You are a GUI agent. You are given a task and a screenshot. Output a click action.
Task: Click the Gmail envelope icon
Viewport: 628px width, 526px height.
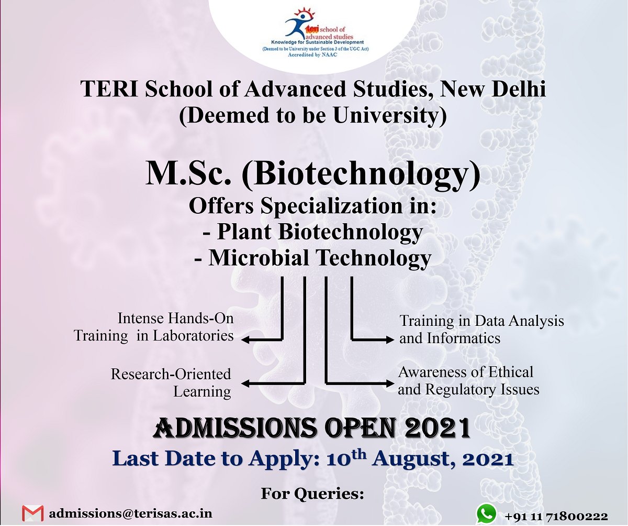[32, 513]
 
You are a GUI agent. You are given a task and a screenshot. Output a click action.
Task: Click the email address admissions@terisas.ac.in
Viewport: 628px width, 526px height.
[131, 513]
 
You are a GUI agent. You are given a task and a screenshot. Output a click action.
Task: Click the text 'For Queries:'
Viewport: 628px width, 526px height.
[312, 493]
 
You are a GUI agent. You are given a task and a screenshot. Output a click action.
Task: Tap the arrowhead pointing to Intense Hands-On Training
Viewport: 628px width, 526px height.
[245, 340]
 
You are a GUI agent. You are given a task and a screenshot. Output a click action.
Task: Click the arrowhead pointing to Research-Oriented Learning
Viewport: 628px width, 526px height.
[245, 385]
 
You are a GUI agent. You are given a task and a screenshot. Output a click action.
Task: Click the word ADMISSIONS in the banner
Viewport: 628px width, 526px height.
[234, 429]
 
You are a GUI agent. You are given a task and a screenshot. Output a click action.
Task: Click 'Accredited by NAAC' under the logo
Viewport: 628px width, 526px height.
[313, 53]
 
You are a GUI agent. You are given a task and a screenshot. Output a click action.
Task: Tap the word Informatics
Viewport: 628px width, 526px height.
[464, 338]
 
